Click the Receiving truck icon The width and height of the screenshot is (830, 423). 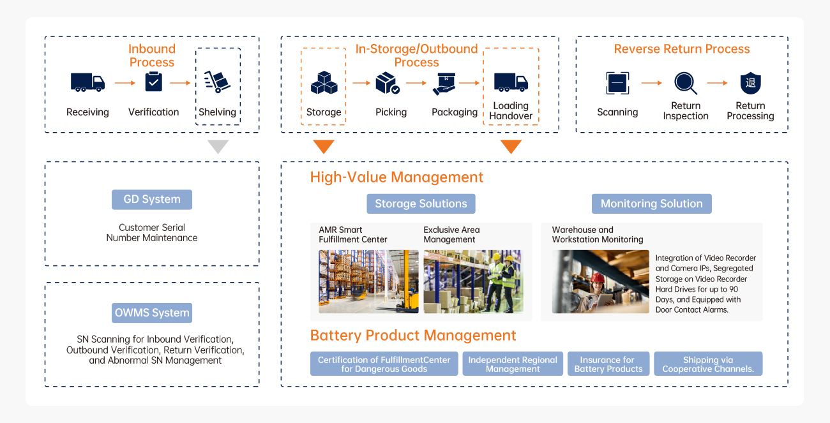87,82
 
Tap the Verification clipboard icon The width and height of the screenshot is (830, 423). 153,82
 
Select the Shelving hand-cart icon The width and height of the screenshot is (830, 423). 217,82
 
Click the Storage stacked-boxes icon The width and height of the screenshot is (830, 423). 324,83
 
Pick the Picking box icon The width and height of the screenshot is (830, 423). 388,83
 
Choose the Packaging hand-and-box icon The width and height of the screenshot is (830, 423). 444,83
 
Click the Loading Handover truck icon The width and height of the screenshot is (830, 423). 511,82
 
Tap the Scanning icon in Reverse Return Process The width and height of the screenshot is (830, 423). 617,83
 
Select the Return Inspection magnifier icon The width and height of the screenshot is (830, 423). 685,83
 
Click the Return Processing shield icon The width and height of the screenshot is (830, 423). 750,83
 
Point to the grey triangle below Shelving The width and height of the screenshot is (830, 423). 218,147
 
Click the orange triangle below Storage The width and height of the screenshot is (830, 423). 324,147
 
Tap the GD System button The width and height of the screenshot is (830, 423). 152,199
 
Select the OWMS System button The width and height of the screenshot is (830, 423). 152,313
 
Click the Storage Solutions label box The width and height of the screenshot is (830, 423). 421,204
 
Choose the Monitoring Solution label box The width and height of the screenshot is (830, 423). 651,204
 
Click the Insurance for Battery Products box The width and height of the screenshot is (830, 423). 608,364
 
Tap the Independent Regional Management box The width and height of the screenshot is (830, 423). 513,364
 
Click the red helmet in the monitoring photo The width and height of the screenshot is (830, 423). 598,278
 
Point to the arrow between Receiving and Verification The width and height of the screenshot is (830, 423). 125,83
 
